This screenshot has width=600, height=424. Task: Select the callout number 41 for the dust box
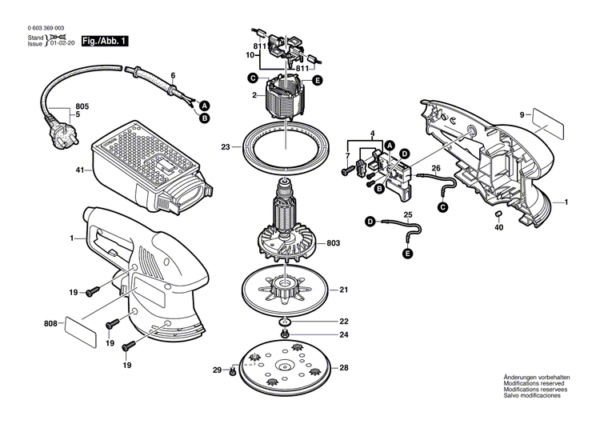79,170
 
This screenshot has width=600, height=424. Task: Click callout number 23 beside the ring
226,146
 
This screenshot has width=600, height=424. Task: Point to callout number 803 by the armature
332,242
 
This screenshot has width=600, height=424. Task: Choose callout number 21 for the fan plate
344,290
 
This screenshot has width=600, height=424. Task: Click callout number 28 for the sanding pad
344,367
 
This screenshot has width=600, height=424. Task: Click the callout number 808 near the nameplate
50,324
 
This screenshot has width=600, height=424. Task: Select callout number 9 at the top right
522,115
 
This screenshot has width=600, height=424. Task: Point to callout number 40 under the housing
498,227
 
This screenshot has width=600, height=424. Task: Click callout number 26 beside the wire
436,168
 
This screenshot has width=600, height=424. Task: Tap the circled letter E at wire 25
407,253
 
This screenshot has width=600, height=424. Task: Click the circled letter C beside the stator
252,78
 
